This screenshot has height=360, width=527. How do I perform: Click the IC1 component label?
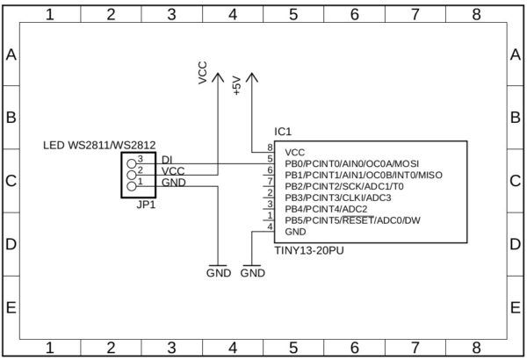[283, 131]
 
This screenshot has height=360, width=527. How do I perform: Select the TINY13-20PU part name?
[307, 250]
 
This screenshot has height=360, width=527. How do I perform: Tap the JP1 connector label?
[146, 206]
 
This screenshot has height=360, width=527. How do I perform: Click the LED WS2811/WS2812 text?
[99, 145]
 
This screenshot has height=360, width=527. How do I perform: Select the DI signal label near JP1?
[167, 159]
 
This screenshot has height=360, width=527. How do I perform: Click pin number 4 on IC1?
[270, 227]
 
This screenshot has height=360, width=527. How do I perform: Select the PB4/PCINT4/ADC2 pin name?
[326, 209]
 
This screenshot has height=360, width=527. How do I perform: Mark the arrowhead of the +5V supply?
[252, 76]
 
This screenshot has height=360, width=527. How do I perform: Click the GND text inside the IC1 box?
[296, 232]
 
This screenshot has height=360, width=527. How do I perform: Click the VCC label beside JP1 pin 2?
[173, 170]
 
